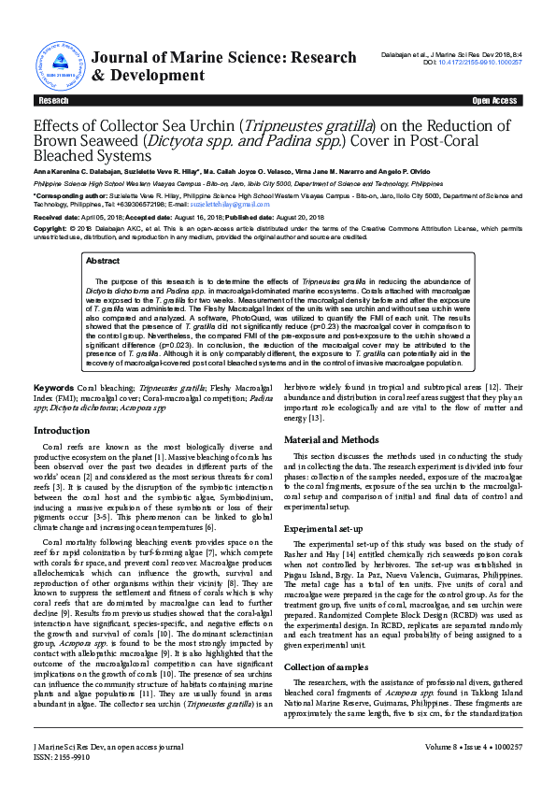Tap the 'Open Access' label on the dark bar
(x=494, y=100)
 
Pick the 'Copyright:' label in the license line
(x=51, y=228)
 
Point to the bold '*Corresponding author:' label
(x=63, y=197)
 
